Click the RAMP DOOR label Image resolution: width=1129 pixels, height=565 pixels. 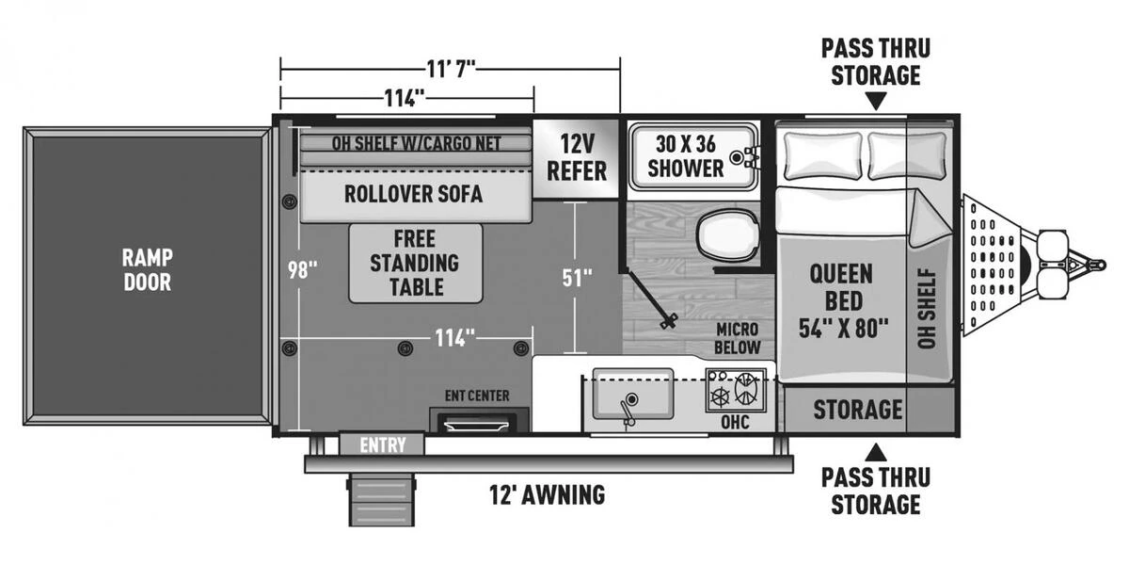(147, 270)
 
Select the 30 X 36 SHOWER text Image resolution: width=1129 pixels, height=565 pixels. (686, 156)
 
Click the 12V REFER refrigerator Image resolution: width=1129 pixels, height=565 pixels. (576, 158)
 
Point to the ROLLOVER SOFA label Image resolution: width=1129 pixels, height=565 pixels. (413, 194)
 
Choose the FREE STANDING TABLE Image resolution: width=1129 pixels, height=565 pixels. (415, 264)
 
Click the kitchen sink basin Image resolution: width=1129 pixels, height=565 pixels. (633, 394)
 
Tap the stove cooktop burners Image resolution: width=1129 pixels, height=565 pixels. (736, 391)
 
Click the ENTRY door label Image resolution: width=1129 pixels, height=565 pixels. (383, 444)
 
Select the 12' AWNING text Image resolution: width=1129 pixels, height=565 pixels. (548, 495)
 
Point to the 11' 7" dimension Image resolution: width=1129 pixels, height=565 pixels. (451, 69)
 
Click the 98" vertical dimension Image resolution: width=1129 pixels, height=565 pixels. (302, 270)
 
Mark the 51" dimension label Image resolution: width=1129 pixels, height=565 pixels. (577, 278)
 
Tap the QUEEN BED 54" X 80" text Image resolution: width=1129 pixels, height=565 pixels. (843, 300)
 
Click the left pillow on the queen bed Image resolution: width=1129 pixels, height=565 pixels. (823, 156)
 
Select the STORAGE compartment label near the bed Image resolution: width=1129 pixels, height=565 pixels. (857, 410)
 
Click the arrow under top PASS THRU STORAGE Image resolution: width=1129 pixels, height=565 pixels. (876, 101)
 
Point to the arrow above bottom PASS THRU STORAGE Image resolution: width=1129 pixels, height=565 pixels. (876, 452)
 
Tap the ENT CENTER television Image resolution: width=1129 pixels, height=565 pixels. (477, 423)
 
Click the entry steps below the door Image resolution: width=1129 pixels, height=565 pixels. (382, 500)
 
